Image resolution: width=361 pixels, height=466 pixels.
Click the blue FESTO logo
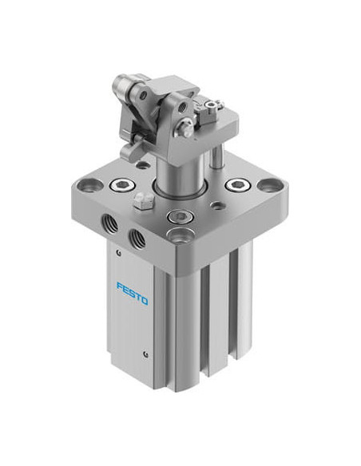pyautogui.click(x=133, y=294)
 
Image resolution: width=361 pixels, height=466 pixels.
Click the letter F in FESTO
pyautogui.click(x=120, y=286)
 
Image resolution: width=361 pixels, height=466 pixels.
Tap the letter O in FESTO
pyautogui.click(x=145, y=301)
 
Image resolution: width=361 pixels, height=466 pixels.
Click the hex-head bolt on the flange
pyautogui.click(x=144, y=202)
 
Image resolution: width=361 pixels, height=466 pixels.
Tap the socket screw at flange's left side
pyautogui.click(x=122, y=186)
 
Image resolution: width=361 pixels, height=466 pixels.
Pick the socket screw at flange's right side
pyautogui.click(x=238, y=186)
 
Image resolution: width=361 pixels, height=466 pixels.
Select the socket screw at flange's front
pyautogui.click(x=179, y=216)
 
